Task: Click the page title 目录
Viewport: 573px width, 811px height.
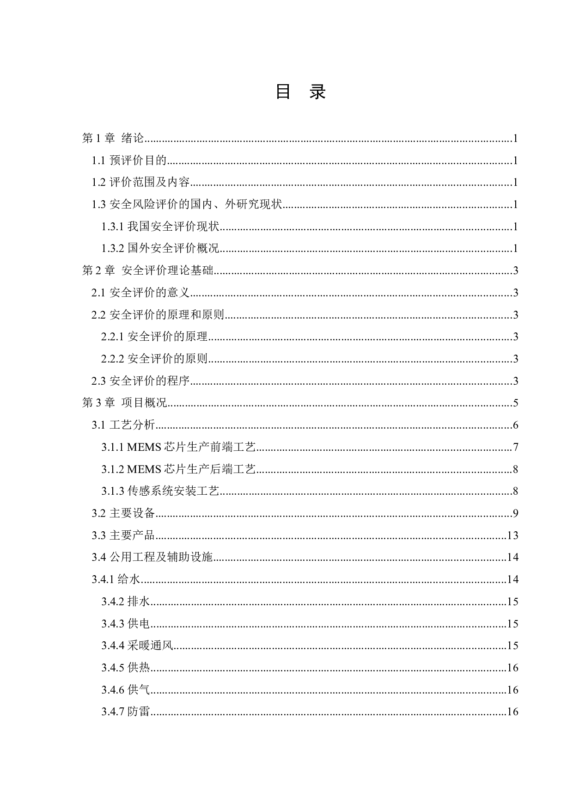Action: coord(300,92)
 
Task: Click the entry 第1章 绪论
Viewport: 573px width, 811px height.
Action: coord(113,138)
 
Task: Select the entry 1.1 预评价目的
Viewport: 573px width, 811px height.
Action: coord(129,160)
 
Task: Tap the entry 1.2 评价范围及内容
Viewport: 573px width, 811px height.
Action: coord(140,182)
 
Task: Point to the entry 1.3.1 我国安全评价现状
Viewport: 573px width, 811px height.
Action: coord(160,227)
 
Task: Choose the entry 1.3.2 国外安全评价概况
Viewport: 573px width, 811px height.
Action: coord(160,248)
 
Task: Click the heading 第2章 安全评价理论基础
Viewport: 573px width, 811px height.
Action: coord(147,270)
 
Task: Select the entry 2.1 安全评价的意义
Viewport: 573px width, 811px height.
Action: coord(140,293)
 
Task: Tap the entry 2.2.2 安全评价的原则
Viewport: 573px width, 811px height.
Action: coord(154,359)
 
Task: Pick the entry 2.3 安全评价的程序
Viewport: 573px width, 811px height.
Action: coord(140,381)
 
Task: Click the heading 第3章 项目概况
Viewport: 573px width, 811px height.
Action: coord(124,403)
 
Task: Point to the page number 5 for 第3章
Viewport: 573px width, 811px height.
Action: coord(515,403)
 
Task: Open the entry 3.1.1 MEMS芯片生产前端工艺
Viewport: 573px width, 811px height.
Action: coord(178,447)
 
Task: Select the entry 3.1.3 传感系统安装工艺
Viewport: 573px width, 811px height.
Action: coord(160,491)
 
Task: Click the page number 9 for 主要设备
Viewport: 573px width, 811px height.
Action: coord(515,513)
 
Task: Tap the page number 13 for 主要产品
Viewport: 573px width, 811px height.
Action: coord(512,535)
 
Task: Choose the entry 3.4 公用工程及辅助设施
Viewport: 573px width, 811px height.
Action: coord(152,557)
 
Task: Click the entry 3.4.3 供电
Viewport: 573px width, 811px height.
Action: coord(126,624)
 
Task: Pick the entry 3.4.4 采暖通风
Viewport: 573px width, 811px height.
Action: coord(137,645)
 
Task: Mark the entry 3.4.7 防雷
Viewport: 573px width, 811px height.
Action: coord(126,712)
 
